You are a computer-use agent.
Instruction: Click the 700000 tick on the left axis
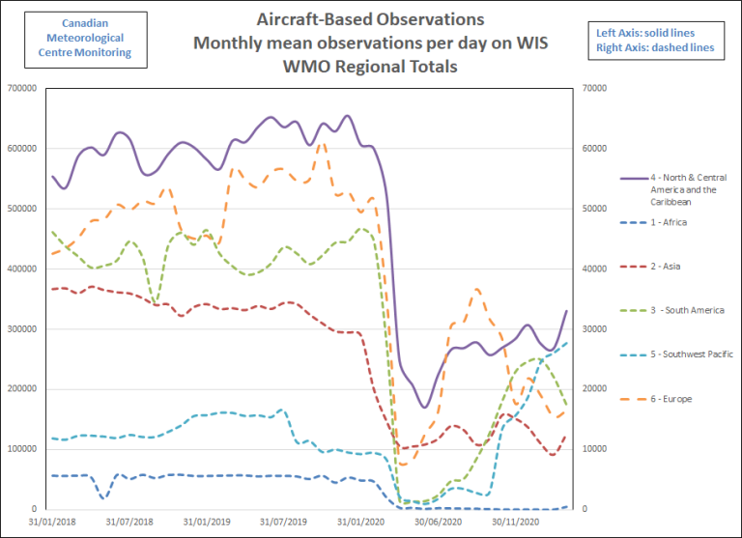[x=20, y=89]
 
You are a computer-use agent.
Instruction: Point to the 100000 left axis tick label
[x=20, y=449]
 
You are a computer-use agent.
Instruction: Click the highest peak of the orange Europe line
[x=323, y=143]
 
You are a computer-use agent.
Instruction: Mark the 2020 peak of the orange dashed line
[x=477, y=289]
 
